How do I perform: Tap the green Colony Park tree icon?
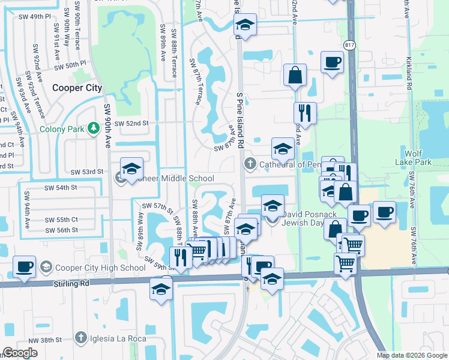coord(93,128)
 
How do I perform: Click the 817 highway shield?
coord(350,45)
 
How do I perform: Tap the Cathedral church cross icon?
coord(250,164)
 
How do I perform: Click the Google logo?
coord(20,353)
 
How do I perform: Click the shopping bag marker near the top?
coord(295,76)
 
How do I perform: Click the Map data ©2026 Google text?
coord(412,355)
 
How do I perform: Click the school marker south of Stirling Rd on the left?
coord(161,290)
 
